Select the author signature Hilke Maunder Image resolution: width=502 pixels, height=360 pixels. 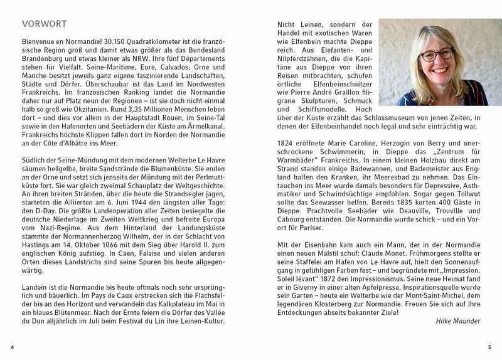[457, 321]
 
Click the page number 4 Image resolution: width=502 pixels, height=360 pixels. [13, 347]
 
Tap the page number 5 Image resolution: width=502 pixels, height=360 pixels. [489, 347]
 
